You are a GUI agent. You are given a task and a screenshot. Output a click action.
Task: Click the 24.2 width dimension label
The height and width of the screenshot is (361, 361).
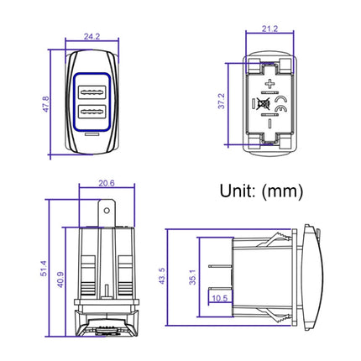click(92, 37)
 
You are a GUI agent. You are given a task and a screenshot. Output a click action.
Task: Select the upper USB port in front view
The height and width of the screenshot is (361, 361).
click(92, 92)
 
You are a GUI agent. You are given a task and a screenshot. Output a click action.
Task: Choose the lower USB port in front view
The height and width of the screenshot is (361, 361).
click(92, 112)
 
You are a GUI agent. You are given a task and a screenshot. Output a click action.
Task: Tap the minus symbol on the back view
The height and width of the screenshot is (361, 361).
click(269, 123)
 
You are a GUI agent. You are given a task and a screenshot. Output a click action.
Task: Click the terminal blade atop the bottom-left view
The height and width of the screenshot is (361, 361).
click(105, 213)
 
